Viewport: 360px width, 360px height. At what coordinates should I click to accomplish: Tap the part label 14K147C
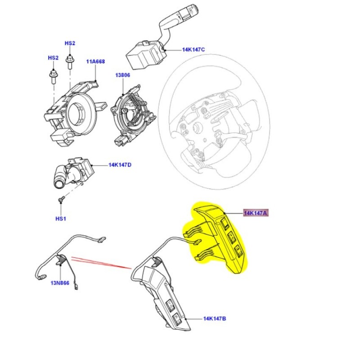coord(193,50)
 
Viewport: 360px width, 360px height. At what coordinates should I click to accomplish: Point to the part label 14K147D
coord(120,165)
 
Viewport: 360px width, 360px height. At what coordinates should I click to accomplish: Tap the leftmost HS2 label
coord(53,58)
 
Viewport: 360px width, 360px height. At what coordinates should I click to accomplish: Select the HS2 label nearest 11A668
coord(70,43)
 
